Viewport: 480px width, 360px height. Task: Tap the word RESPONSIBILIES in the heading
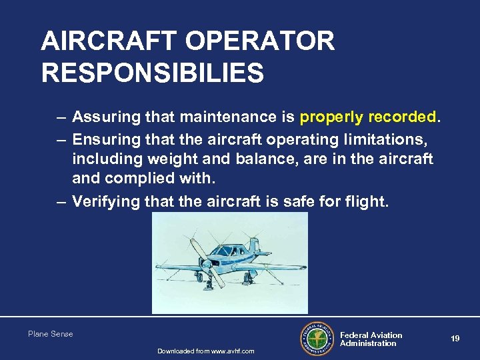152,73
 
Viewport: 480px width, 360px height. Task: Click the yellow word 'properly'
331,118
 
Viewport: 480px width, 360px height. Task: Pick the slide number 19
455,339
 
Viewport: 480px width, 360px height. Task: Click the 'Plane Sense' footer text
51,334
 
